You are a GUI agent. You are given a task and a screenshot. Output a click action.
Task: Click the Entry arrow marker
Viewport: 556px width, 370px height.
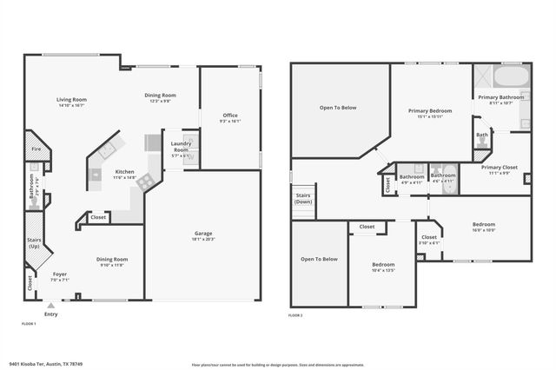click(x=50, y=305)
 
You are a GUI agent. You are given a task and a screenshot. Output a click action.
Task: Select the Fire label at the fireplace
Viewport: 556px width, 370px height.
click(x=36, y=149)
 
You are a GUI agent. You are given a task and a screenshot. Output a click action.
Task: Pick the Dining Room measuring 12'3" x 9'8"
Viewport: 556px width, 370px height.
click(x=160, y=96)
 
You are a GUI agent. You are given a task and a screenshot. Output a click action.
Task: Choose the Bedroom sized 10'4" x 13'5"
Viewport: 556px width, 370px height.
click(x=383, y=266)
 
